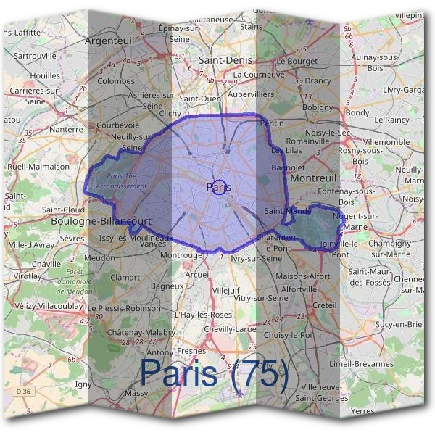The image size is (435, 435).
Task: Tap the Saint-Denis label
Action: pyautogui.click(x=224, y=62)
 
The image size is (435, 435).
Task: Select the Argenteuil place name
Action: pyautogui.click(x=113, y=41)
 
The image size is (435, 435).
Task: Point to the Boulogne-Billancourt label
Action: pyautogui.click(x=101, y=221)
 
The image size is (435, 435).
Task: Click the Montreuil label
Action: pyautogui.click(x=312, y=178)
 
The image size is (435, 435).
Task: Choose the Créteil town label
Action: pyautogui.click(x=325, y=306)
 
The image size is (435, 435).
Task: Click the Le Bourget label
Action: pyautogui.click(x=297, y=62)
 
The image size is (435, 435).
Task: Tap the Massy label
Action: pyautogui.click(x=136, y=393)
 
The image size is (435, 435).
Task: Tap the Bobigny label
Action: pyautogui.click(x=317, y=107)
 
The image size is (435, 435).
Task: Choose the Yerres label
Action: pyautogui.click(x=362, y=411)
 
